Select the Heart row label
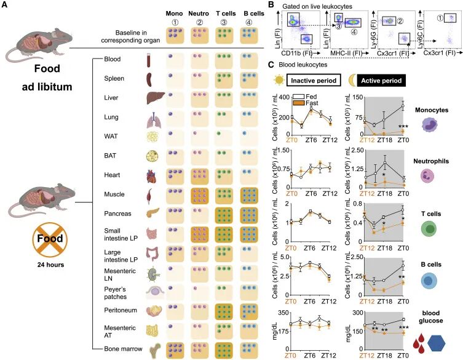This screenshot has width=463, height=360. [x=112, y=174]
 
